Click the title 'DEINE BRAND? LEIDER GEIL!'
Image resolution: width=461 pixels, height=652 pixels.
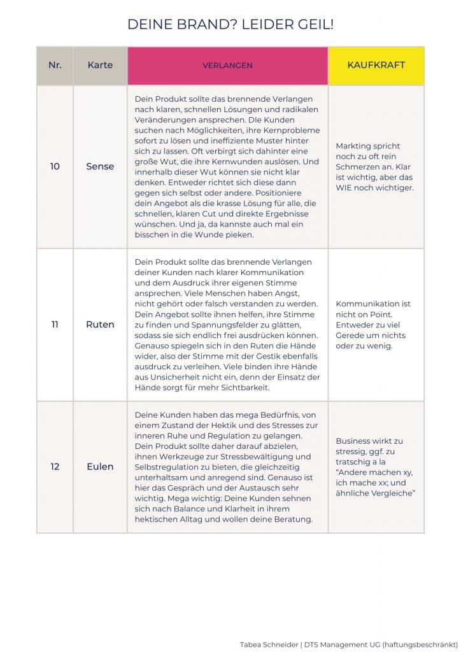230,25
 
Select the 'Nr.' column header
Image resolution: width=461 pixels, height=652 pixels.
55,66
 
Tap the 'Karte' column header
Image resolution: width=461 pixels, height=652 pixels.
100,66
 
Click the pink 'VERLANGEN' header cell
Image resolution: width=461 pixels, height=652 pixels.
227,66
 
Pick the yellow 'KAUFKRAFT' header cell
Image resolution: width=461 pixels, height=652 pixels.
376,66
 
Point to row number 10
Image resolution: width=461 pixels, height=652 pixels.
55,166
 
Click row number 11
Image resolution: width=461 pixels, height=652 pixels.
55,324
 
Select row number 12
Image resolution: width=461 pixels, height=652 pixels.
55,467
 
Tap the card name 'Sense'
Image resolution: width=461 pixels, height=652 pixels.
100,166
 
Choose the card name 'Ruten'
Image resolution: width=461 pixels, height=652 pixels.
100,324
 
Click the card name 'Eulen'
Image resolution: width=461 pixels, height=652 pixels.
100,467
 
